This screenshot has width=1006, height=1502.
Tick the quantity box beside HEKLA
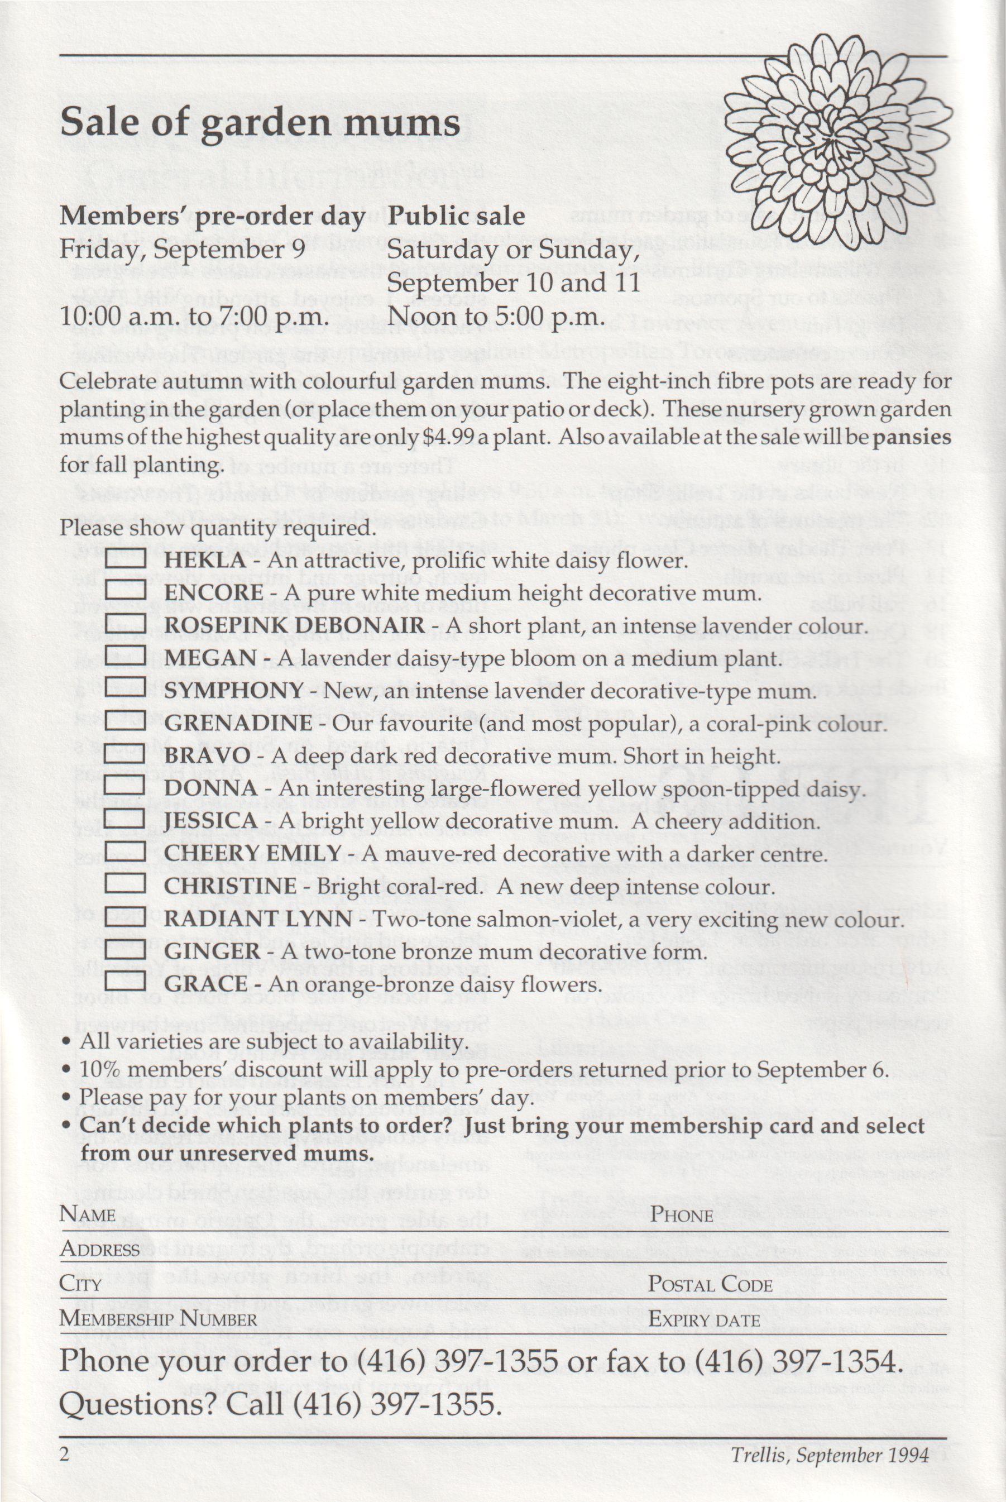[125, 560]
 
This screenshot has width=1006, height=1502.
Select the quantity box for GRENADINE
[125, 723]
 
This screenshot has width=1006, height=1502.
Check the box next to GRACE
[125, 984]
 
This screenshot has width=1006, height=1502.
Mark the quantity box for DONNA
[125, 788]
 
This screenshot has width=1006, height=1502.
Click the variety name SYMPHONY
[233, 691]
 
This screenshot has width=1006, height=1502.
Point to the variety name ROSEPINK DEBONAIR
[294, 625]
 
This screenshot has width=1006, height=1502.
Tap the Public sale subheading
[456, 216]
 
